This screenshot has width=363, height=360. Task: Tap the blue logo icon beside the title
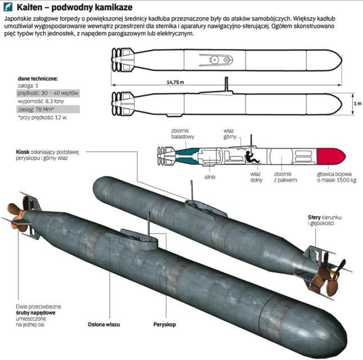coord(8,7)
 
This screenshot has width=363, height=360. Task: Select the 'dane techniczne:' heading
coord(38,79)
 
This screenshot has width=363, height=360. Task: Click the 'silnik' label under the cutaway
coord(210,177)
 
